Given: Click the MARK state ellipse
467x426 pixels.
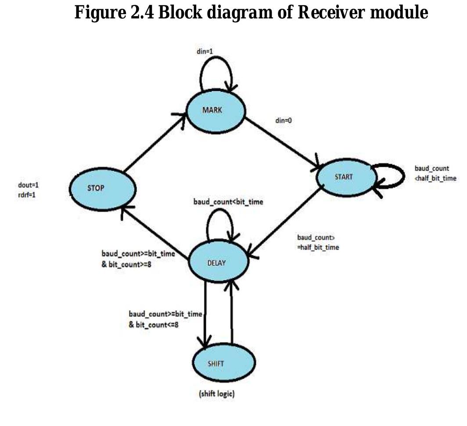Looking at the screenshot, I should [x=215, y=110].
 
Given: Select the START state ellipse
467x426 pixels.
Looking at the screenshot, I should [x=347, y=177].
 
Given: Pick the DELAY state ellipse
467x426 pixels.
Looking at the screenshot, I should [x=218, y=262].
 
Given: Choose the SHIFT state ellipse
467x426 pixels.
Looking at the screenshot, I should [x=224, y=363].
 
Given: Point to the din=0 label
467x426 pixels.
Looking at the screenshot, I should [x=283, y=120].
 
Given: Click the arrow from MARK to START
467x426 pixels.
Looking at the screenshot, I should [x=281, y=143].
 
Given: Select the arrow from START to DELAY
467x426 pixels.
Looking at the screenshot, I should [x=285, y=222].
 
